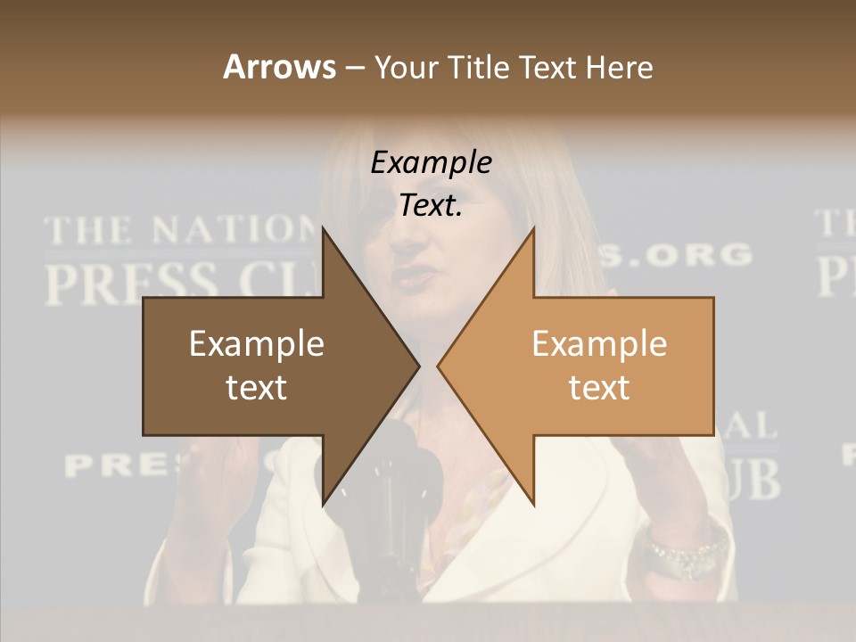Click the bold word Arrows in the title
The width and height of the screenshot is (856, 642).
coord(279,67)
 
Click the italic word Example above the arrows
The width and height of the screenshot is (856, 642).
coord(431,162)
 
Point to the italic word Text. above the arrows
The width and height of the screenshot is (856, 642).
coord(431,206)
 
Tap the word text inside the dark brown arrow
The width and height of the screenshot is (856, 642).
coord(256,388)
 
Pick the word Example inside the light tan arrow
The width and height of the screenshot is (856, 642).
coord(599,344)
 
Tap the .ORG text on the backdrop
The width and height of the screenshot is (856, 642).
coord(687,255)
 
